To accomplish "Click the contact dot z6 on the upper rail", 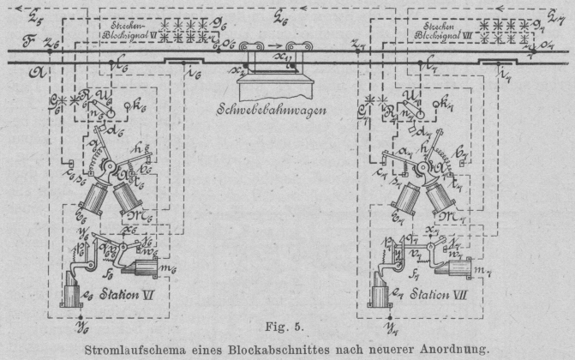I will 50,51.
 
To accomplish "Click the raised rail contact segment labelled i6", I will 183,61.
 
